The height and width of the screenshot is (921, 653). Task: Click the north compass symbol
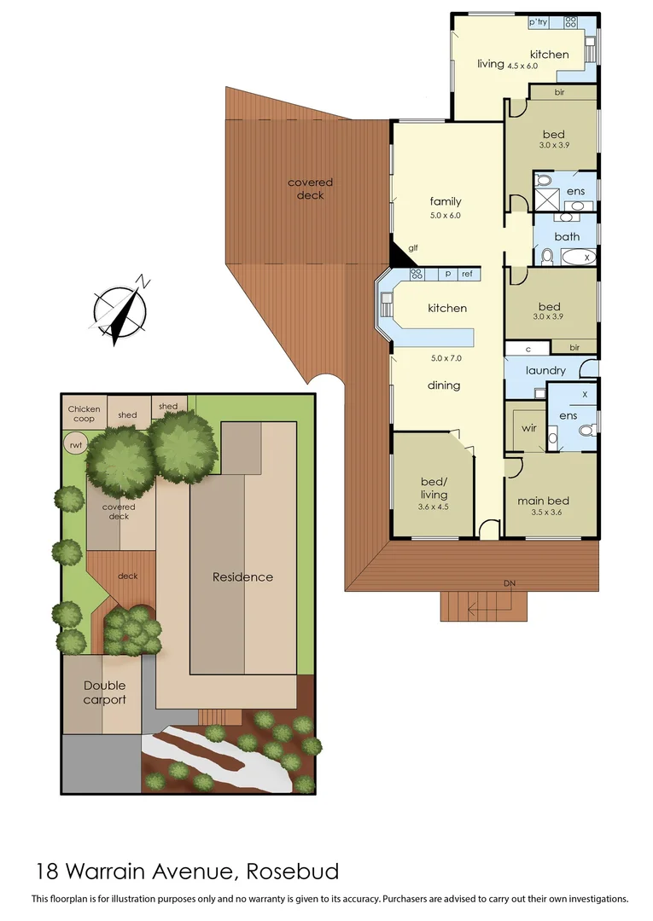click(120, 308)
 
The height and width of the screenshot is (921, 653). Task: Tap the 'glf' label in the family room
click(412, 248)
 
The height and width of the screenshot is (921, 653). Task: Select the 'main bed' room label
click(543, 501)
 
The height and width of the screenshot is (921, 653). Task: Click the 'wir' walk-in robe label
click(528, 427)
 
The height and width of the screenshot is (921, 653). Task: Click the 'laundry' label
click(545, 371)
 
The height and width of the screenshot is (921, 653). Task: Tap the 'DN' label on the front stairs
click(510, 583)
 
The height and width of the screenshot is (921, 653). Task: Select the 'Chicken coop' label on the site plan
click(84, 414)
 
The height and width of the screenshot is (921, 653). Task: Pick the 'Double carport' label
click(104, 692)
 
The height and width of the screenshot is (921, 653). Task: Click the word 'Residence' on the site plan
click(242, 577)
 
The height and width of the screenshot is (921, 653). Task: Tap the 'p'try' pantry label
click(539, 23)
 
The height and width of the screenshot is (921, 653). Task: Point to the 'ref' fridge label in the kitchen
click(467, 274)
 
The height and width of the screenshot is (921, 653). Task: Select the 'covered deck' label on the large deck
click(310, 189)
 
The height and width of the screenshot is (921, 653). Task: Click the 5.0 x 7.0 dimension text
click(445, 358)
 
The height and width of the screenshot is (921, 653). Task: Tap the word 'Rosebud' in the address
click(293, 872)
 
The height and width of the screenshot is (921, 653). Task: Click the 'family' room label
click(445, 201)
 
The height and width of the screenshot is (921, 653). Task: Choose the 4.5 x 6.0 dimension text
click(522, 66)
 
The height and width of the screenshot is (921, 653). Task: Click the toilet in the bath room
click(546, 254)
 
